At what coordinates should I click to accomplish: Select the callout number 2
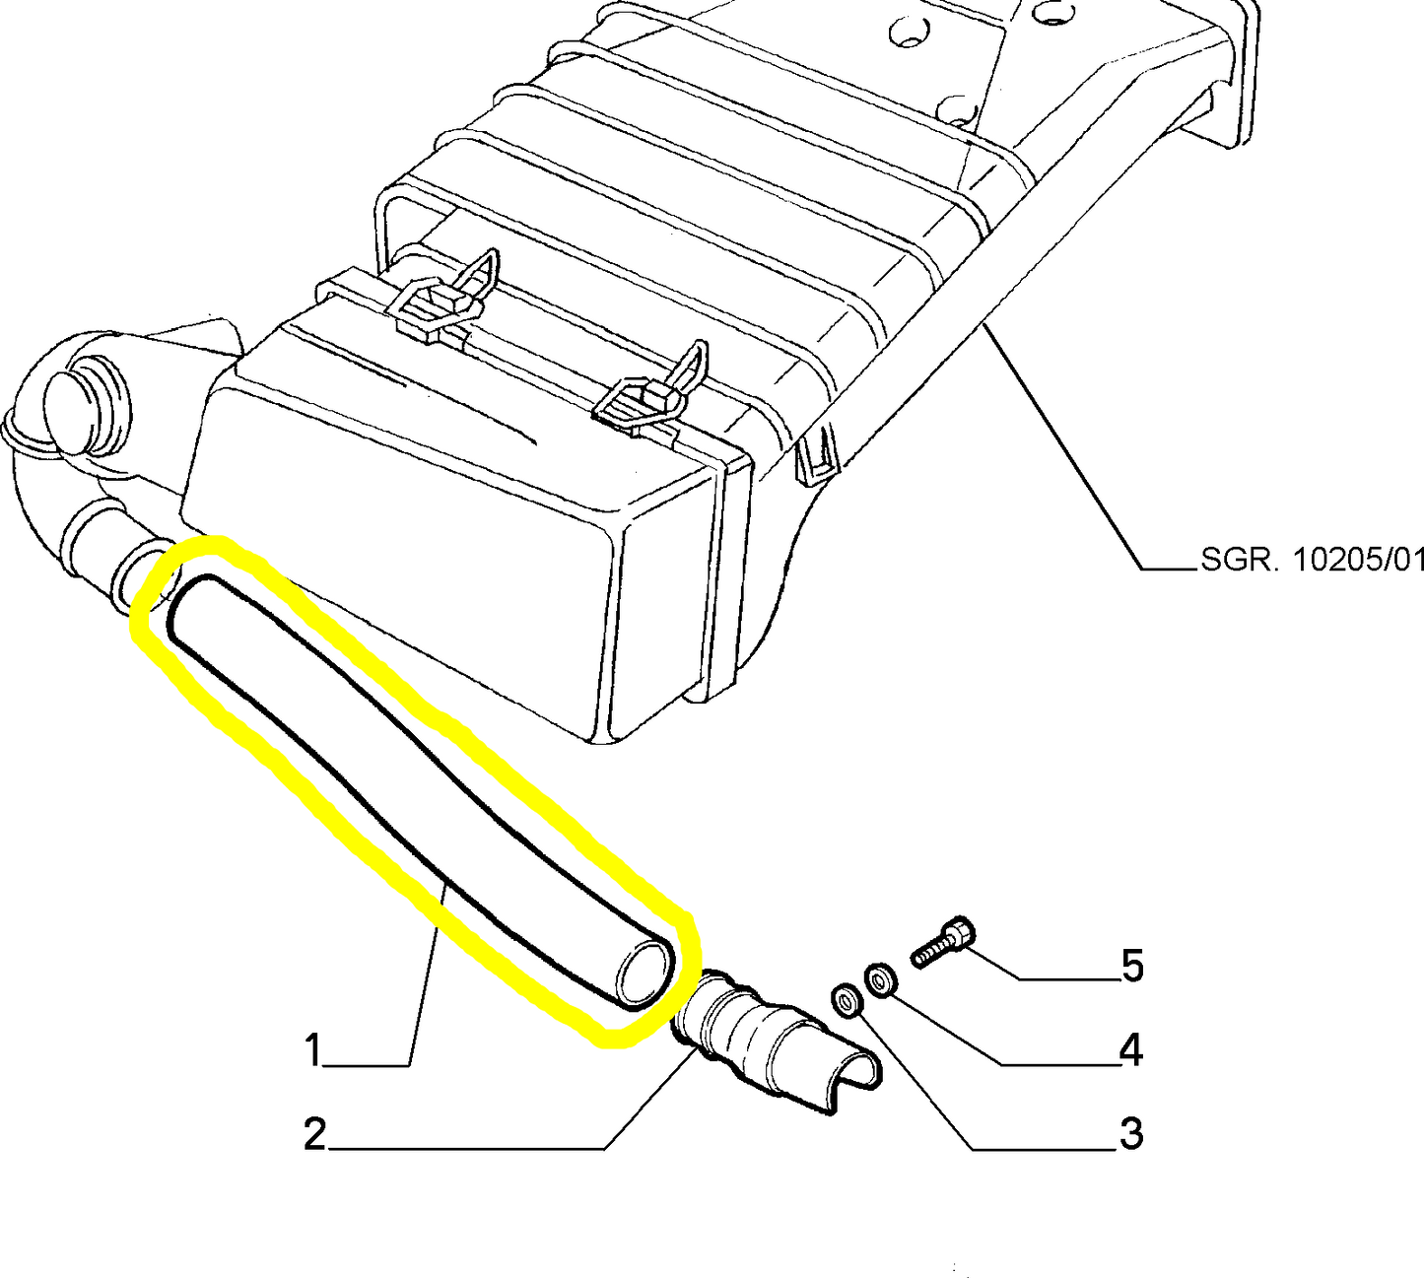[x=314, y=1135]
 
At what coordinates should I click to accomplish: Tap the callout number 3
[x=1130, y=1135]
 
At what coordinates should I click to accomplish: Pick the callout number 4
[x=1130, y=1050]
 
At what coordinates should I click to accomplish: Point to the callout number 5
[x=1132, y=966]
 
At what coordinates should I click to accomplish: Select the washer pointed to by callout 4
[x=879, y=980]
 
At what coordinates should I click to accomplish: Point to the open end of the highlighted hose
[x=644, y=973]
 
